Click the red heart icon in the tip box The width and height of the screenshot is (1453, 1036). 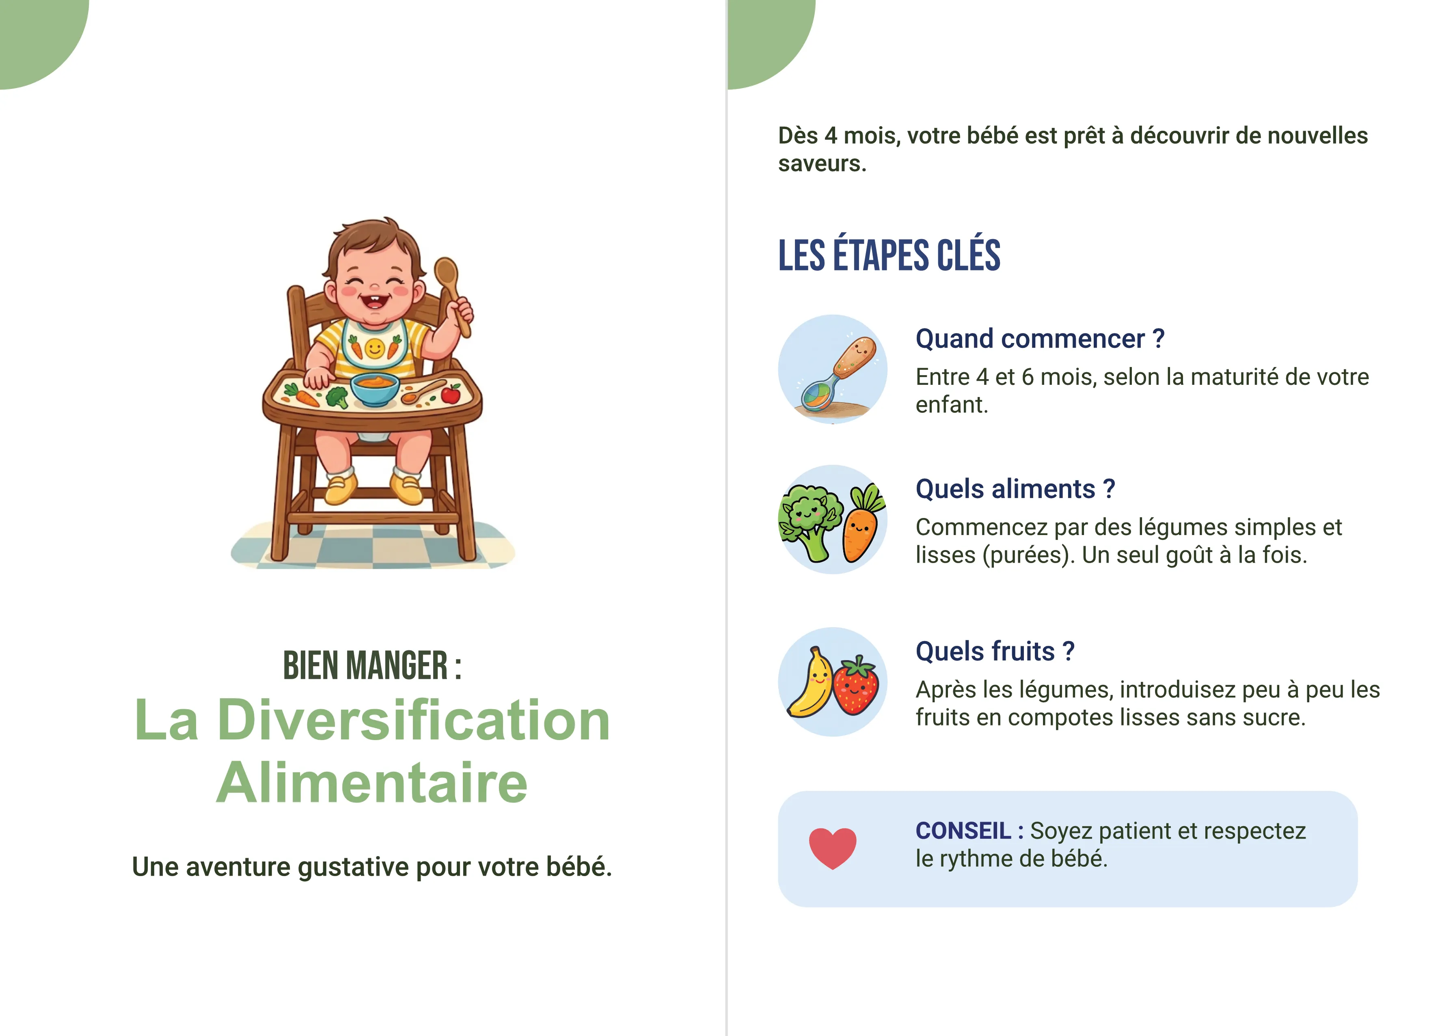coord(832,848)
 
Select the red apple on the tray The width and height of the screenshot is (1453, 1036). coord(451,394)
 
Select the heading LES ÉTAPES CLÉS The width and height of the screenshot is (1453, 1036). coord(889,255)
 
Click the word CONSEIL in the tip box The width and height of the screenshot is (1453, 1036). coord(963,831)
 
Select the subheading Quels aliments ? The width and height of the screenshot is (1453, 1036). coord(1015,489)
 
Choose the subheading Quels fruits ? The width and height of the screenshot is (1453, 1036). coord(994,651)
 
